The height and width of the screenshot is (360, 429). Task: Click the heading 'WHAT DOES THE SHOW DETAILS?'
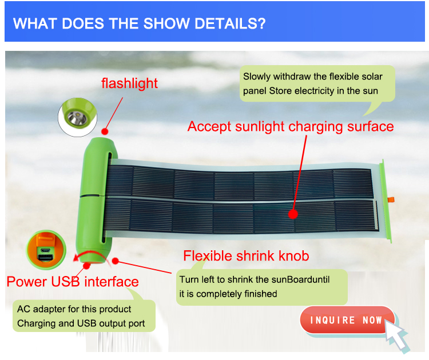[x=139, y=23]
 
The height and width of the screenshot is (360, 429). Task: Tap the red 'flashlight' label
[x=129, y=83]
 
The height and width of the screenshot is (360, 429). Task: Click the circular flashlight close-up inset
[x=78, y=117]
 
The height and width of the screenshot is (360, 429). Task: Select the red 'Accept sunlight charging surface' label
[x=291, y=127]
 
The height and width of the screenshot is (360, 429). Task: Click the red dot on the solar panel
[x=293, y=214]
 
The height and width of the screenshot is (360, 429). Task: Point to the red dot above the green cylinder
[x=105, y=131]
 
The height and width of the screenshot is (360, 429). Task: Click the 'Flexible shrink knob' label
[x=246, y=256]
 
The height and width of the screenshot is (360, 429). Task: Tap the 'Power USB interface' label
[x=73, y=282]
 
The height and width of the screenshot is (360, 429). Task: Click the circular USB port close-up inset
[x=46, y=250]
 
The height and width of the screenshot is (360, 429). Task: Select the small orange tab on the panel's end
[x=391, y=199]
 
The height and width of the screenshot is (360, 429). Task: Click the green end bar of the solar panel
[x=385, y=201]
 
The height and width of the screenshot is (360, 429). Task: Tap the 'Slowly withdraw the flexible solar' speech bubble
[x=317, y=83]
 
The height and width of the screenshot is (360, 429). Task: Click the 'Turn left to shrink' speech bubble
[x=262, y=287]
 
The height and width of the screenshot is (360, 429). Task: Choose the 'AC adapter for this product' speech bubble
[x=84, y=316]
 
